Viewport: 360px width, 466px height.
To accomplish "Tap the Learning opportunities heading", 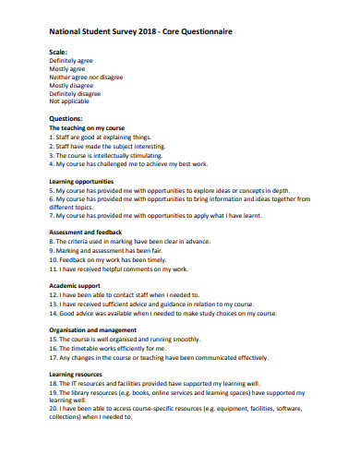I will [x=81, y=182].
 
